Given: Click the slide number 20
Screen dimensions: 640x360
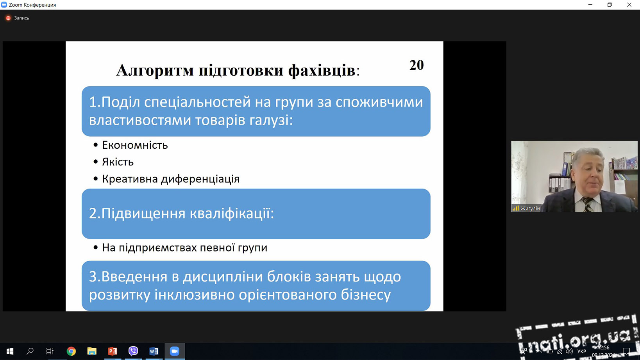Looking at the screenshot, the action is coord(417,65).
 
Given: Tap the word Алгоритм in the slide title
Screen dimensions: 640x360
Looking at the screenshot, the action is coord(155,70).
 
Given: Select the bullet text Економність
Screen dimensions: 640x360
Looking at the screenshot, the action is coord(135,145).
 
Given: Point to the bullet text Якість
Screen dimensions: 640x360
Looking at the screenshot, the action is coord(118,162).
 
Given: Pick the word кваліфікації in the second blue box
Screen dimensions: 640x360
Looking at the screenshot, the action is coord(232,213).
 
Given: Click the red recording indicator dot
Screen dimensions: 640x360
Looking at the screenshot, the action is coord(8,18).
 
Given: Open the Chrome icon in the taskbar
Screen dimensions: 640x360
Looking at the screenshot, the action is coord(71,351).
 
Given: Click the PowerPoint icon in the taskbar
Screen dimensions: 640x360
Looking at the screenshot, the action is coord(112,351).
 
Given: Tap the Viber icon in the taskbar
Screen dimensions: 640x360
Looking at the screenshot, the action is coord(133,351).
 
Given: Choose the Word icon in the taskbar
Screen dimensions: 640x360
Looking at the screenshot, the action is coord(154,351).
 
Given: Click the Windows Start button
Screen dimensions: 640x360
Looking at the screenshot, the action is coord(10,351).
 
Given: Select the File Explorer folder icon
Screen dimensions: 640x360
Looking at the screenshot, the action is coord(92,351).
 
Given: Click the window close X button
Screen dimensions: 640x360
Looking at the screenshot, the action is coord(629,5).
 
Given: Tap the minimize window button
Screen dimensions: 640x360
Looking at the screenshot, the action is coord(590,5).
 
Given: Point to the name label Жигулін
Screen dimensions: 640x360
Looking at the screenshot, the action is coord(530,209).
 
